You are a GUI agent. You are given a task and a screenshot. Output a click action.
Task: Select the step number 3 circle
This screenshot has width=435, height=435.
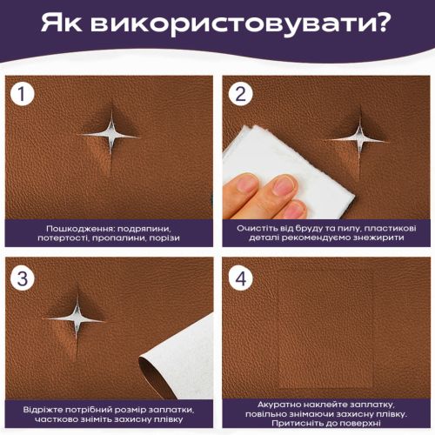(x=23, y=278)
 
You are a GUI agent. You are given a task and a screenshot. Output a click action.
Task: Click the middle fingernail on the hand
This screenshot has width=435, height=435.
(x=283, y=186)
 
